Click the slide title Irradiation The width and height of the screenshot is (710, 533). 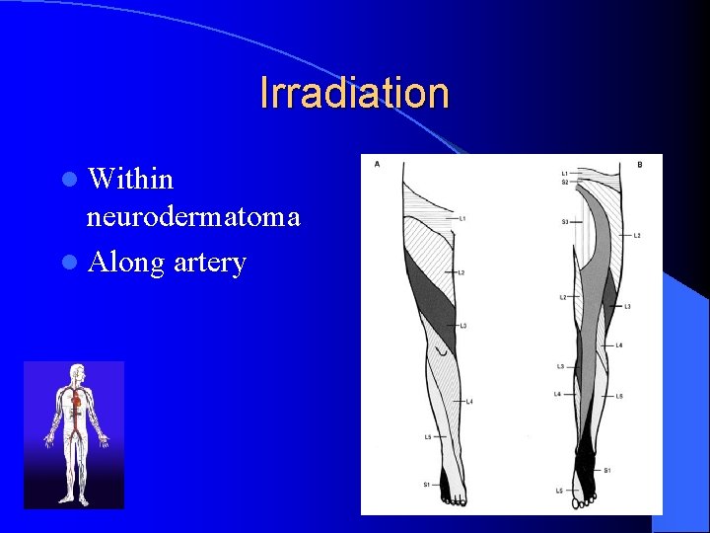click(354, 93)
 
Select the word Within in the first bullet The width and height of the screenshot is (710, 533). click(130, 179)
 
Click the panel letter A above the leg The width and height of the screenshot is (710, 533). click(377, 164)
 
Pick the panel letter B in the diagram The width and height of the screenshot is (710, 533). click(639, 164)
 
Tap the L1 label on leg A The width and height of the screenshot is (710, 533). click(462, 217)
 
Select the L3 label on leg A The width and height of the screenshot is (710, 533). click(462, 326)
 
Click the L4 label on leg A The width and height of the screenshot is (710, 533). click(469, 402)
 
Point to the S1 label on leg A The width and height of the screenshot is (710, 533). click(426, 484)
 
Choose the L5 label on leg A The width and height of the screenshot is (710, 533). click(427, 436)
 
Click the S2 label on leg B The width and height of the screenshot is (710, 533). click(565, 182)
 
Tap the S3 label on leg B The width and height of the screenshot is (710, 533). click(565, 222)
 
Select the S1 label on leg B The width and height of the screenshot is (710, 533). click(607, 470)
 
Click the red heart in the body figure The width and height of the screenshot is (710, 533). click(75, 402)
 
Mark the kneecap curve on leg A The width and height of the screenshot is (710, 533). click(445, 351)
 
